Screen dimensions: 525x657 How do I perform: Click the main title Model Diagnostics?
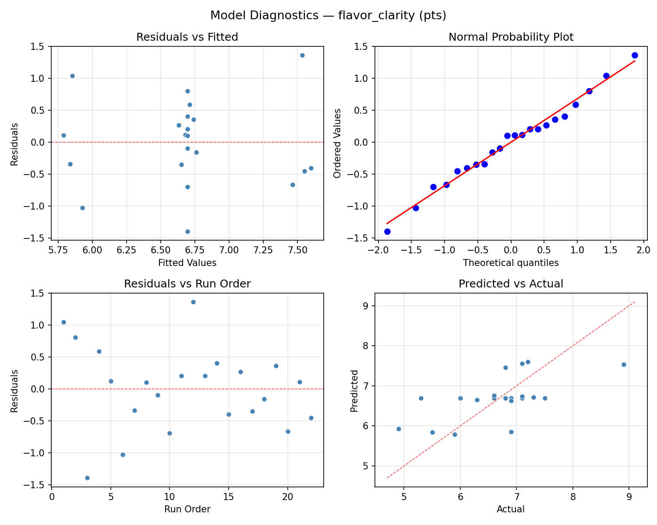pyautogui.click(x=328, y=16)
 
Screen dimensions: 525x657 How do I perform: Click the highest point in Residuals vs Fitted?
pyautogui.click(x=302, y=55)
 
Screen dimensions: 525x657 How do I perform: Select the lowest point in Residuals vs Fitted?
pyautogui.click(x=187, y=231)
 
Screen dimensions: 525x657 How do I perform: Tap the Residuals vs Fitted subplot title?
pyautogui.click(x=187, y=37)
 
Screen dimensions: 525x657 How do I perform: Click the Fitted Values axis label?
pyautogui.click(x=187, y=263)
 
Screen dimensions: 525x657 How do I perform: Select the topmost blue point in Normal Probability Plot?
pyautogui.click(x=635, y=55)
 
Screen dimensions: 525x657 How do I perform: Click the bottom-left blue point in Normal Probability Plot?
pyautogui.click(x=387, y=231)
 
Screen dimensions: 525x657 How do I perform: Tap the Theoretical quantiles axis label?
pyautogui.click(x=511, y=263)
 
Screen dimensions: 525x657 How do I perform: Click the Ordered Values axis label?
pyautogui.click(x=337, y=143)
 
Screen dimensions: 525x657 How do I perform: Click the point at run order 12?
pyautogui.click(x=193, y=302)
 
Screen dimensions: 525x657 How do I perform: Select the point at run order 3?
pyautogui.click(x=87, y=478)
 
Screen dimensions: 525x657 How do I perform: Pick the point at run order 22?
pyautogui.click(x=311, y=418)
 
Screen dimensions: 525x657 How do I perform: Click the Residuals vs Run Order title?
pyautogui.click(x=187, y=284)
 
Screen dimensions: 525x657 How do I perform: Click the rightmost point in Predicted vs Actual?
pyautogui.click(x=624, y=364)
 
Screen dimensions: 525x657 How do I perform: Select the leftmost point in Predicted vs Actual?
pyautogui.click(x=399, y=429)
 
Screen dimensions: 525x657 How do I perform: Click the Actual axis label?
pyautogui.click(x=511, y=509)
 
